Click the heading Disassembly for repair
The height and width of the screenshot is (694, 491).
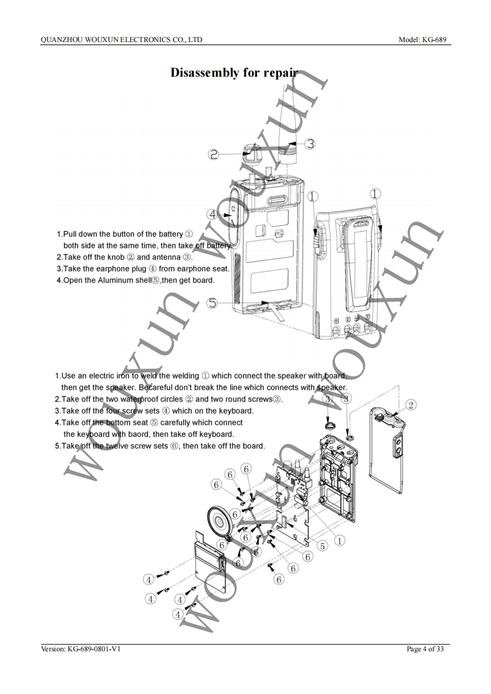[x=233, y=73]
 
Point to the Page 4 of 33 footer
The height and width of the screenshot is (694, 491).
[x=425, y=649]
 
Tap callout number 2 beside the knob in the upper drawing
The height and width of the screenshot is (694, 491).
[x=214, y=155]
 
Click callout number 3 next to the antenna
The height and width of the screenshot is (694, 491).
[x=310, y=144]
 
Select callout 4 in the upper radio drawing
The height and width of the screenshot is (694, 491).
[x=212, y=215]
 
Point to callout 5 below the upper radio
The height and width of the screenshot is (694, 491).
[x=212, y=303]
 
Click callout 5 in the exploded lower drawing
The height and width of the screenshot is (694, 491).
[x=323, y=546]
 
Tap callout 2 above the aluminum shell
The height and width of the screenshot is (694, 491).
[x=411, y=405]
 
